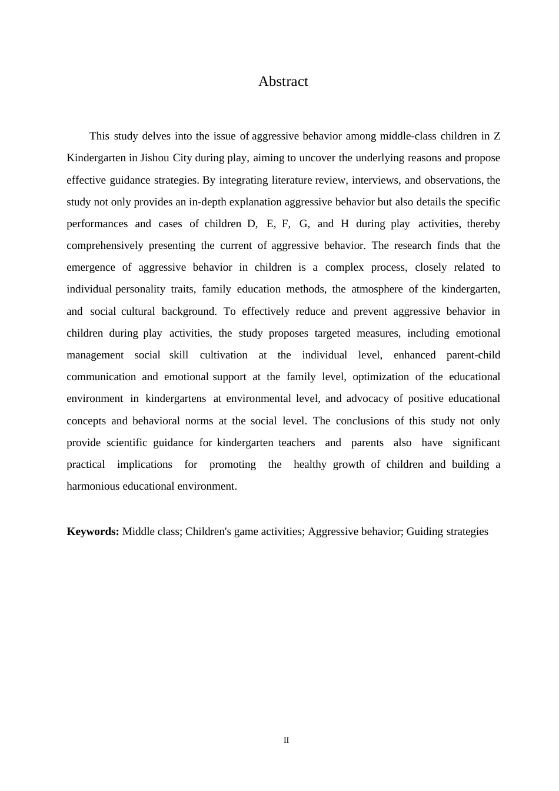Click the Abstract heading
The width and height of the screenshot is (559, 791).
283,81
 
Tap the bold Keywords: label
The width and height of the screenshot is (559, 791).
93,531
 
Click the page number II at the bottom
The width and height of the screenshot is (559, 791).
287,740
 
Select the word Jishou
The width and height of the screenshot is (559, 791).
155,158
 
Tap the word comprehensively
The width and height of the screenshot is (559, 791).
105,245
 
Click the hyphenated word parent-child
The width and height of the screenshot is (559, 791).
473,355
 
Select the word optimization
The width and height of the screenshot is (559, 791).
381,377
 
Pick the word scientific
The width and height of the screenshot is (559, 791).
127,443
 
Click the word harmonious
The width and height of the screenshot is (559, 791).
93,486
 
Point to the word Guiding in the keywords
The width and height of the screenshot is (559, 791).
422,531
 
